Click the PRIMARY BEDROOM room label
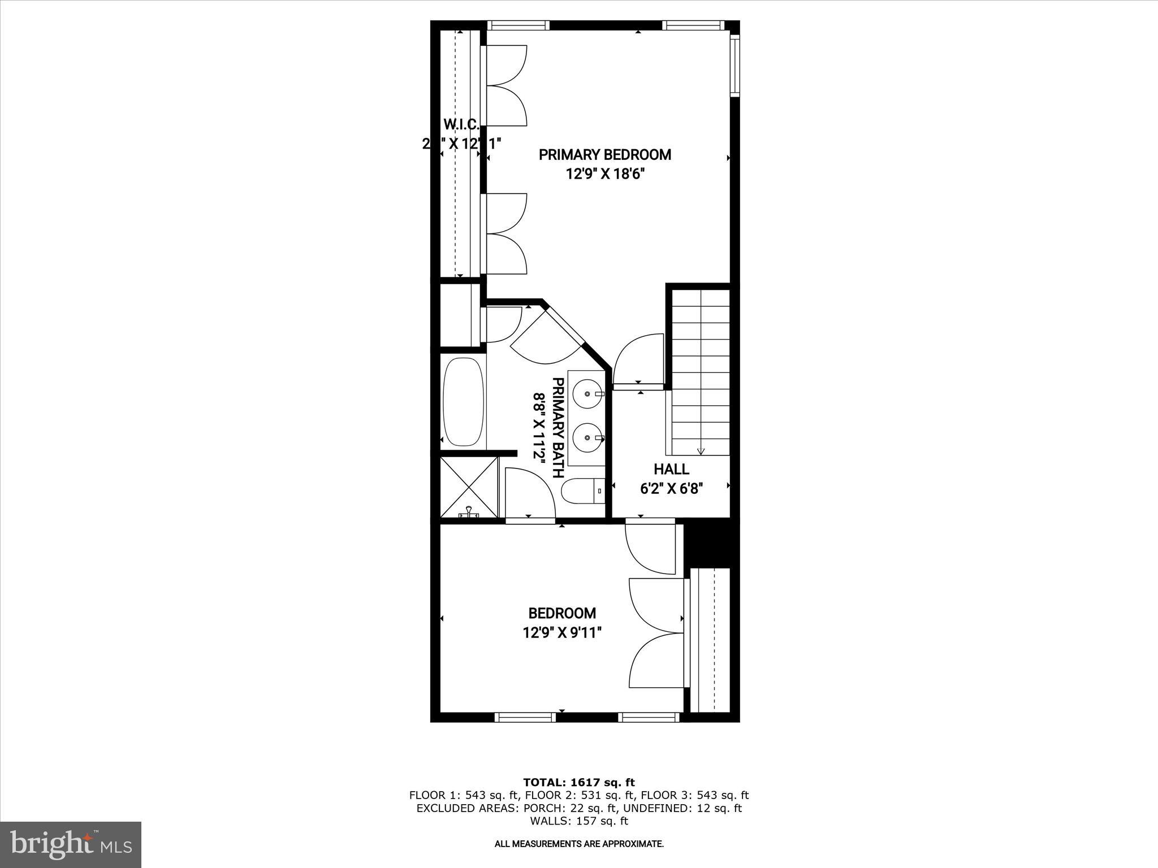(x=604, y=155)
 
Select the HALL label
(x=671, y=469)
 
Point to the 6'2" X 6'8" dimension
(x=671, y=488)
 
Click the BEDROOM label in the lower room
(x=562, y=613)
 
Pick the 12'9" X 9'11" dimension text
(x=561, y=632)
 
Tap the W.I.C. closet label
(x=461, y=124)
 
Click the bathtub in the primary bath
(x=464, y=402)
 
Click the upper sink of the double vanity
(x=587, y=392)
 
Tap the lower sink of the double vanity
(x=587, y=437)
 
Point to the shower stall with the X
(x=469, y=488)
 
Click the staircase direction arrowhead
(x=701, y=451)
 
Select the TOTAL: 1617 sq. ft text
(x=579, y=783)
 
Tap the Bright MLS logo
(x=71, y=845)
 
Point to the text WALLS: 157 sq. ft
(x=579, y=821)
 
